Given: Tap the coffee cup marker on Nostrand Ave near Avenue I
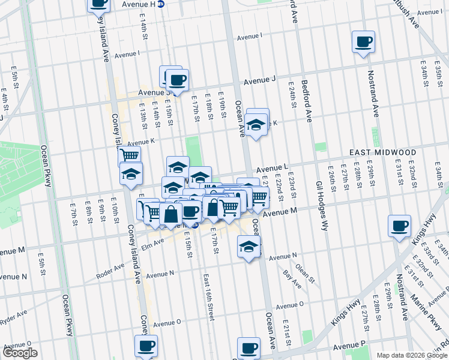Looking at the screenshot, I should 363,42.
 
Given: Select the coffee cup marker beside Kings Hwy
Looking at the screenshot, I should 399,226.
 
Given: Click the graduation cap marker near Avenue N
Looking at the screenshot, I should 249,247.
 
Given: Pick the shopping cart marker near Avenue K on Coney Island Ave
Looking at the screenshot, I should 129,155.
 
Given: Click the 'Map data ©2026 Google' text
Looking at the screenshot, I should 412,355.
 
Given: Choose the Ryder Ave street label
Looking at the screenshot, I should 13,315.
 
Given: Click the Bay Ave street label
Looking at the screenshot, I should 292,280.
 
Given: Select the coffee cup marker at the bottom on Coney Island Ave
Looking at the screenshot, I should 146,346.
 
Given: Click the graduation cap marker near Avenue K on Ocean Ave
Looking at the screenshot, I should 256,125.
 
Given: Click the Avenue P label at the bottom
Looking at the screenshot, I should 350,346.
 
